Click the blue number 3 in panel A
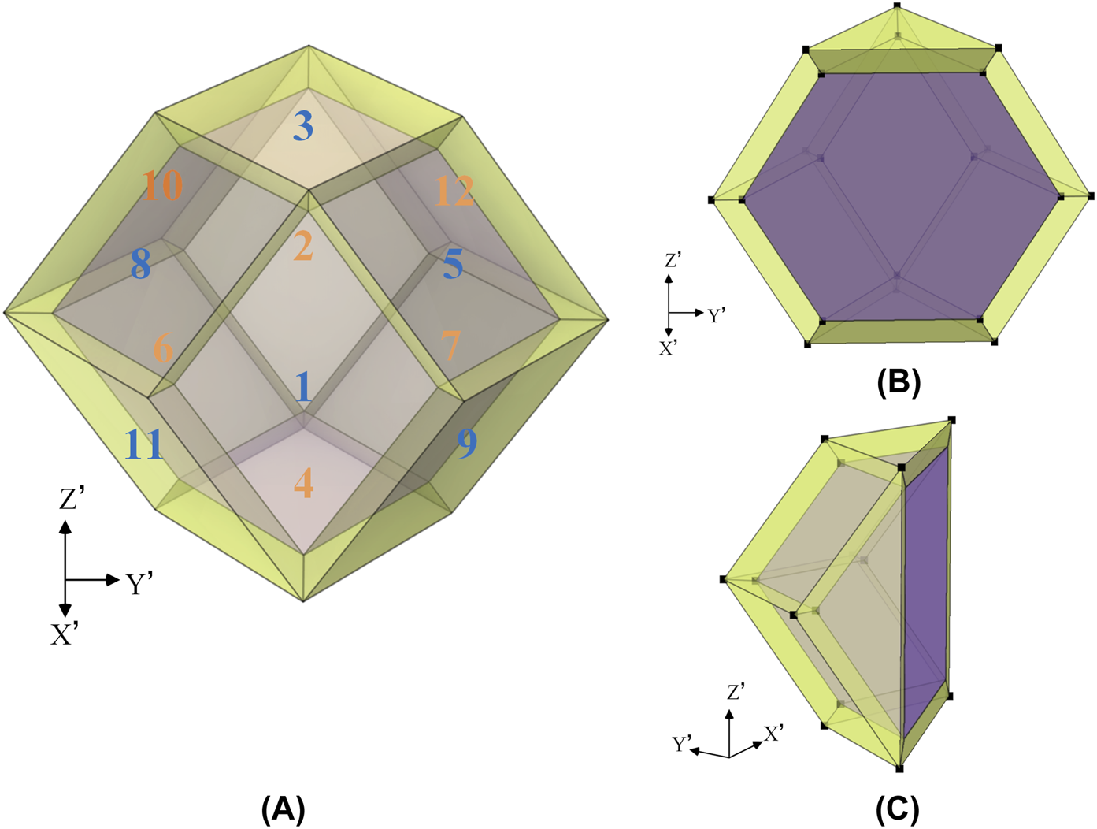click(303, 126)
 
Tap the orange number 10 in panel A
click(163, 186)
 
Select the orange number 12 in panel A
click(454, 191)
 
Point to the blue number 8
click(141, 265)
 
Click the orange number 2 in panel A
click(303, 247)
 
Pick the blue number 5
click(453, 264)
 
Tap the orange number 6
click(163, 347)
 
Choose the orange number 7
click(450, 346)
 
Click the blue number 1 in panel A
click(304, 388)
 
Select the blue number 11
click(143, 445)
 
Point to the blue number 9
click(467, 444)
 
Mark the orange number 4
click(303, 484)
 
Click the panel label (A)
click(283, 809)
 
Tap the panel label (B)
click(899, 382)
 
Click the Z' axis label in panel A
click(72, 500)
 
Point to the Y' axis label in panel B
click(716, 316)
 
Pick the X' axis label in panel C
click(773, 734)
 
